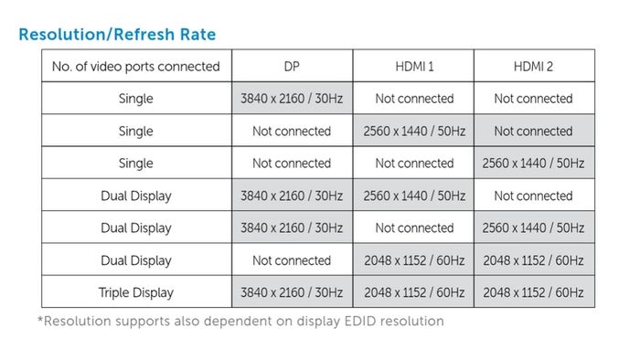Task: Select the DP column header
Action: pyautogui.click(x=292, y=66)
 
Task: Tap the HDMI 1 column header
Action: pyautogui.click(x=414, y=66)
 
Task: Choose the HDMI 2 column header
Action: pyautogui.click(x=534, y=66)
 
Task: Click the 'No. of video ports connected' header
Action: pyautogui.click(x=136, y=66)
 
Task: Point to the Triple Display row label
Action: pyautogui.click(x=136, y=292)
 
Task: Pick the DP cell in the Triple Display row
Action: pyautogui.click(x=292, y=292)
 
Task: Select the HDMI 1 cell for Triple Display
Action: pyautogui.click(x=414, y=292)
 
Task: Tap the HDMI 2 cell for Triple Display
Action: pyautogui.click(x=534, y=292)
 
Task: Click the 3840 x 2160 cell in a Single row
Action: pyautogui.click(x=292, y=99)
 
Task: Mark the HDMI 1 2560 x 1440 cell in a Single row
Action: pyautogui.click(x=414, y=131)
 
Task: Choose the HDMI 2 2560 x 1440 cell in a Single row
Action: pyautogui.click(x=534, y=163)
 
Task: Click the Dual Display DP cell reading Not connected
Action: pyautogui.click(x=292, y=260)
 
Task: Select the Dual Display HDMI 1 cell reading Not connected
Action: pyautogui.click(x=414, y=228)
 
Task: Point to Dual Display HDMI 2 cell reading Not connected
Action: pyautogui.click(x=534, y=196)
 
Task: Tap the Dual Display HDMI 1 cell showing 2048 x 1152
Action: pyautogui.click(x=414, y=260)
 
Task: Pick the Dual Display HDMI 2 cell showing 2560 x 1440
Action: pyautogui.click(x=534, y=228)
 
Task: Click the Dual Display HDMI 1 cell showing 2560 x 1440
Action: pyautogui.click(x=414, y=196)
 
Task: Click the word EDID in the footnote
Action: pyautogui.click(x=359, y=321)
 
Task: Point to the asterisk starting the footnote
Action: pyautogui.click(x=40, y=318)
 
